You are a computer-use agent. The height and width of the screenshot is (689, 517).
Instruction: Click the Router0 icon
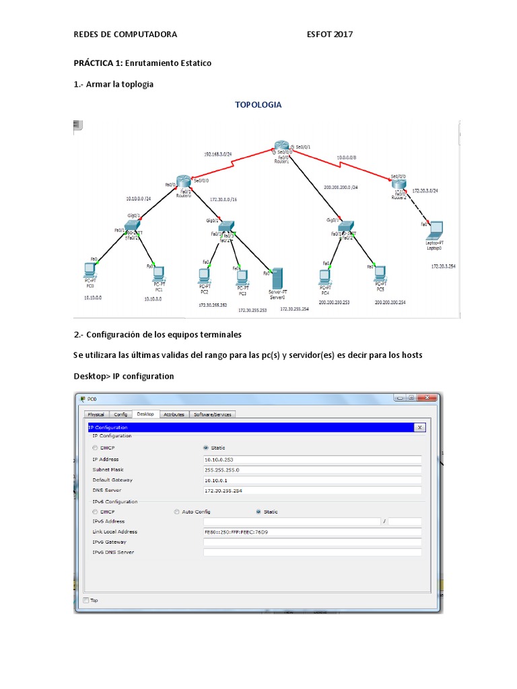pos(184,182)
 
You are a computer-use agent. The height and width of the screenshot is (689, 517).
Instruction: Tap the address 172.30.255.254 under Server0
pos(294,309)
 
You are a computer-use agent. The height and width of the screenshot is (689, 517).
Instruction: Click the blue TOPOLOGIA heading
pos(258,104)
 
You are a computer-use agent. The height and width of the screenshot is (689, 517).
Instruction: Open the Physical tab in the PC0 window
pos(96,414)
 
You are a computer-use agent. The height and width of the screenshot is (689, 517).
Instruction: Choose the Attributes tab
pos(174,414)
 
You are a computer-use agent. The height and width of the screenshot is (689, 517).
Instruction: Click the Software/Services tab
pos(213,414)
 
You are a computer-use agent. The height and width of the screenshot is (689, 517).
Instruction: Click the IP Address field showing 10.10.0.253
pos(312,460)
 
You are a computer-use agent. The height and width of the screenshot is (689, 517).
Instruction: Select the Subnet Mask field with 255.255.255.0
pos(312,470)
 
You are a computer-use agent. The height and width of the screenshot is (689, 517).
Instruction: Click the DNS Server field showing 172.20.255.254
pos(312,491)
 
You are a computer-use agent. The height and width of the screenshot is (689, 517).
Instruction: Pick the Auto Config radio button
pos(176,512)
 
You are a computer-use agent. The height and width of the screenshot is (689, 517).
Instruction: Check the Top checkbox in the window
pos(85,600)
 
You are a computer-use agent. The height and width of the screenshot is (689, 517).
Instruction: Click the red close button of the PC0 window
pos(427,398)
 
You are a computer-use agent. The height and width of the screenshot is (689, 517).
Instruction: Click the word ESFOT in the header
pos(319,34)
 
